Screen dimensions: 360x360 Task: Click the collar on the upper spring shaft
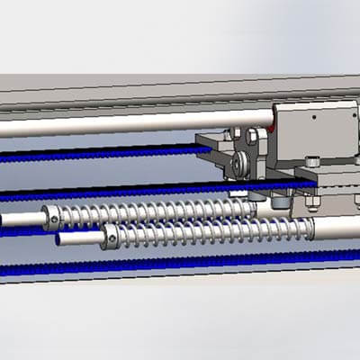point(51,215)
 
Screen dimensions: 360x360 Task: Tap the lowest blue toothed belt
point(135,266)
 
